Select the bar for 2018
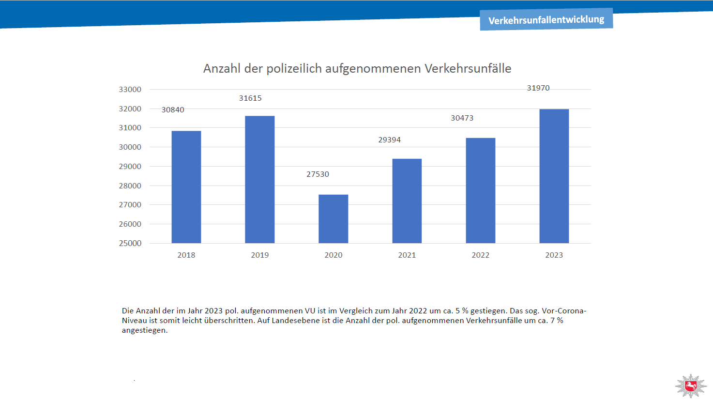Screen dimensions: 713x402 (x=186, y=187)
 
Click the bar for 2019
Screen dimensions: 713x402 (x=260, y=180)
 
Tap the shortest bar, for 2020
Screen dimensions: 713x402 (x=333, y=219)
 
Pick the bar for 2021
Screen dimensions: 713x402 (x=407, y=201)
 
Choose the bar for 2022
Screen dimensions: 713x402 (x=481, y=190)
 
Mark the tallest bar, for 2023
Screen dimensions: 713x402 (x=554, y=176)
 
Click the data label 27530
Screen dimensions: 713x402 (x=318, y=174)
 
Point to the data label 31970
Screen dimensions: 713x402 (x=538, y=88)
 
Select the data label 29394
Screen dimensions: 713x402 (x=389, y=140)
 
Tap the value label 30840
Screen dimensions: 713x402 (x=173, y=110)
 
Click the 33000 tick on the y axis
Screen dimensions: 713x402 (x=130, y=90)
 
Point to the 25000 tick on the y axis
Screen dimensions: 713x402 (x=130, y=243)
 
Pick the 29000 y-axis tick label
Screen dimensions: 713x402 (x=130, y=166)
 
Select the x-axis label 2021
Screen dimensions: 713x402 (x=407, y=255)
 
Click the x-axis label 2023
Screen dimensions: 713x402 (x=554, y=255)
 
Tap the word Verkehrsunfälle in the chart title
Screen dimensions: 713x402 (x=468, y=68)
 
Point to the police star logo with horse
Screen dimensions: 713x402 (x=691, y=386)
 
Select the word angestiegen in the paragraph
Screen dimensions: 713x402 (x=145, y=331)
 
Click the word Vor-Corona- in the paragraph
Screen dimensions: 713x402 (x=564, y=310)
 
